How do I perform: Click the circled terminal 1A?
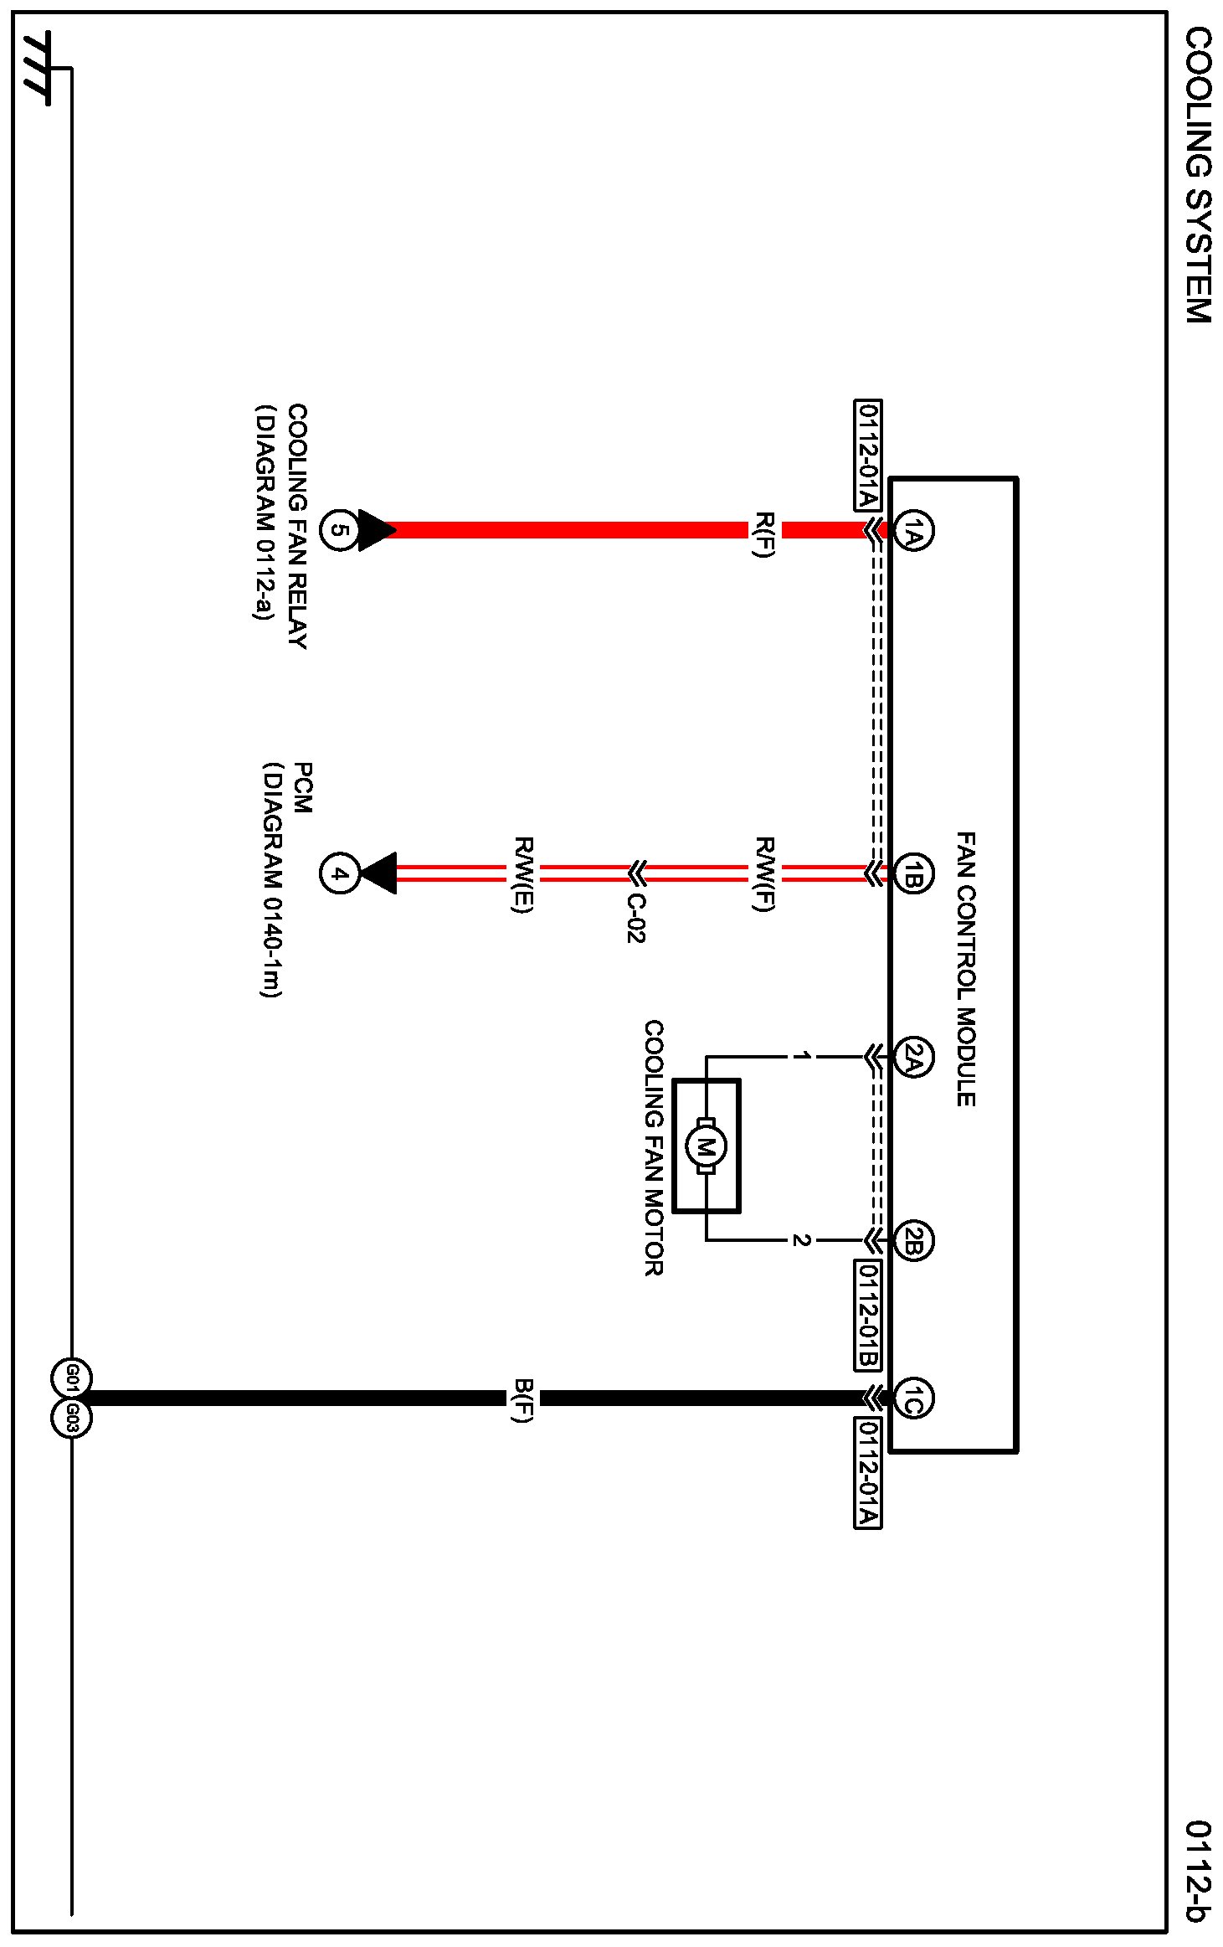[913, 530]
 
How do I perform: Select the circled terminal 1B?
[913, 875]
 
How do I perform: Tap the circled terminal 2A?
[913, 1057]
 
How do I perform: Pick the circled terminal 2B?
[913, 1240]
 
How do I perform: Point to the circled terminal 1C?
[913, 1398]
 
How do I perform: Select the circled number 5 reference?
[339, 530]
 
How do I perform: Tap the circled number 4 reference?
[339, 874]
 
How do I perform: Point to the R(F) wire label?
[764, 533]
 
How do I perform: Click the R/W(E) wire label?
[523, 874]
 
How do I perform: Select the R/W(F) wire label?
[764, 874]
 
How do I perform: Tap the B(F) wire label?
[523, 1399]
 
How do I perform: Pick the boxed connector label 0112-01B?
[868, 1315]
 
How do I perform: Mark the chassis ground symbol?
[38, 69]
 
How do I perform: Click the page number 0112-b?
[1198, 1871]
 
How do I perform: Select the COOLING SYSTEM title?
[1198, 175]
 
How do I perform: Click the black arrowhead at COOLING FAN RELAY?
[376, 530]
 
